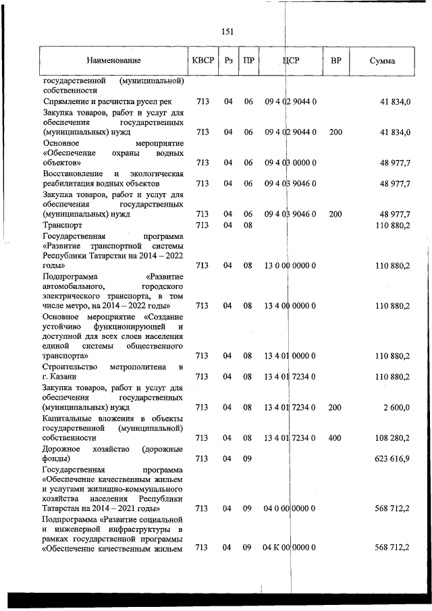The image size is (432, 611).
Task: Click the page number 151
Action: [227, 31]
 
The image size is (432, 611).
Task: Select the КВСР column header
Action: [202, 61]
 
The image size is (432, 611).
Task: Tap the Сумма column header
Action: [383, 61]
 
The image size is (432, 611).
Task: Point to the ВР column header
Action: [335, 61]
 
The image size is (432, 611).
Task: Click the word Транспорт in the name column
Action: [63, 225]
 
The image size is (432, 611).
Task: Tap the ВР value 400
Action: [335, 438]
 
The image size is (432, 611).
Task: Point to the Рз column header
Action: [229, 61]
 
